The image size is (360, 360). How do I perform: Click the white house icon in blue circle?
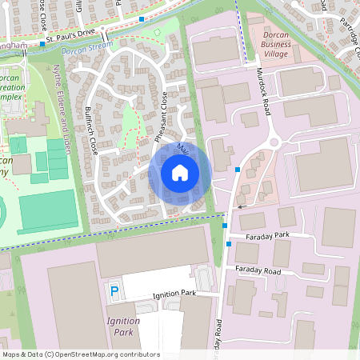tap(180, 173)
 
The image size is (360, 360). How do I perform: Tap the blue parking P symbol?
tap(114, 293)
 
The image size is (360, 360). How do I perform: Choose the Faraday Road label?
tap(258, 271)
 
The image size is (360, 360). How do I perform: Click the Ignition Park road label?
tap(174, 294)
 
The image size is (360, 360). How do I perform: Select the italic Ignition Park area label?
tap(122, 326)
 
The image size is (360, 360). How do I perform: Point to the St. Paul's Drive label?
tap(70, 38)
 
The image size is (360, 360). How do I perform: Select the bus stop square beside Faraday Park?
tap(230, 243)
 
